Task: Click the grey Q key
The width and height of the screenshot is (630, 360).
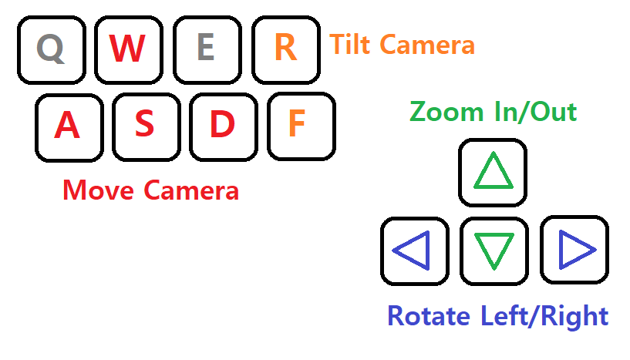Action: coord(51,49)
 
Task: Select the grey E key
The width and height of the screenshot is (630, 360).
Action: coord(206,49)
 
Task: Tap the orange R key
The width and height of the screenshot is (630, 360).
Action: coord(285,49)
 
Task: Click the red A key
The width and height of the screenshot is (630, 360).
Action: coord(68,126)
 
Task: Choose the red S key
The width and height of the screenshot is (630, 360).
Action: coord(145,126)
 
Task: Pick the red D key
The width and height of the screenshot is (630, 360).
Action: coord(222,126)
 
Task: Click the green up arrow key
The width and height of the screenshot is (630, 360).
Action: coord(493,173)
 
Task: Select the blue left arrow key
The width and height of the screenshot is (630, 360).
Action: coord(414,251)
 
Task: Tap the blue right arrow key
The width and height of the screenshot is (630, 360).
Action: coord(574,251)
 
